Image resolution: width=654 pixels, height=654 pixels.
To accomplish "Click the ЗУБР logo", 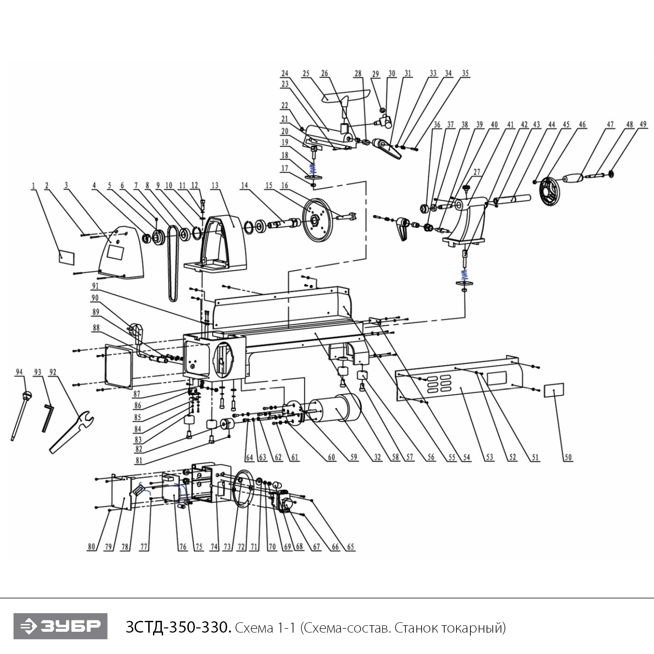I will (60, 626).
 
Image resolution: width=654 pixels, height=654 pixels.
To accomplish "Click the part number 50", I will (568, 457).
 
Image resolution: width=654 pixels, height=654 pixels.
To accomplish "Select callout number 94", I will (19, 372).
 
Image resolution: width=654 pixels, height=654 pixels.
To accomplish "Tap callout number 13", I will (215, 185).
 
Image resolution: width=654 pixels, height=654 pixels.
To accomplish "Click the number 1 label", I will (33, 186).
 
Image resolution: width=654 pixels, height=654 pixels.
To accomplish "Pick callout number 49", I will (643, 124).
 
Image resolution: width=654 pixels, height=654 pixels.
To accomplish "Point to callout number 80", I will (91, 547).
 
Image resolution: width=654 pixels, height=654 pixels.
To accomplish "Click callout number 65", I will (351, 547).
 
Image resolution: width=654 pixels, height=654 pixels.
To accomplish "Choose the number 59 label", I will (354, 457).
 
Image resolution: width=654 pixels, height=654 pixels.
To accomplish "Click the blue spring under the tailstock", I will (465, 274).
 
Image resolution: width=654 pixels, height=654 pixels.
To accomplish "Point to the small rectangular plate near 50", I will (554, 390).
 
